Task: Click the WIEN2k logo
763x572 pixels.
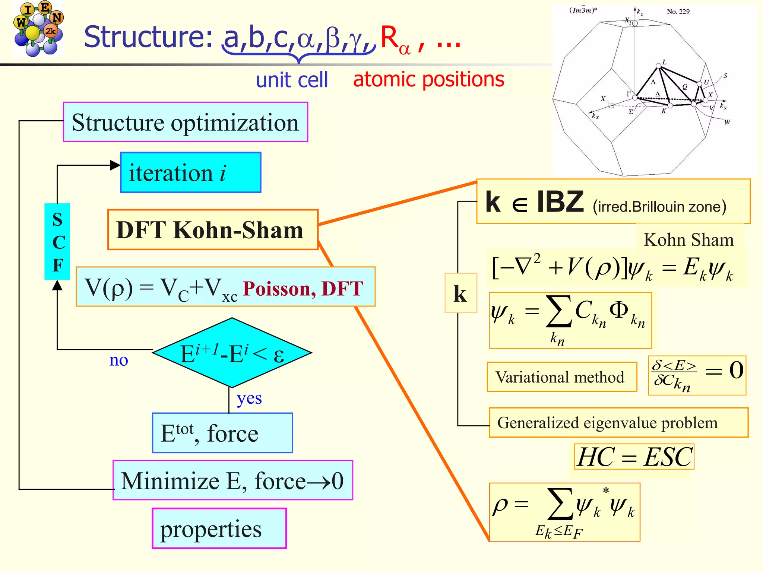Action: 38,29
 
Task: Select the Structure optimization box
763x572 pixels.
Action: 186,122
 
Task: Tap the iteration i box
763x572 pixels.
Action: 190,172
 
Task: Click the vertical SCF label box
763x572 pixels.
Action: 57,241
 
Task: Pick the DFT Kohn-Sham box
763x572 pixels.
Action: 213,230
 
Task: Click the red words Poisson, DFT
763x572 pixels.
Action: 303,289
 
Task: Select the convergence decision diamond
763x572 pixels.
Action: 232,353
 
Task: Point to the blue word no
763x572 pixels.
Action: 118,360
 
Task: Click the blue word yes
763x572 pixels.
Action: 249,398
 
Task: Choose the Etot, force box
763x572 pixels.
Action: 222,433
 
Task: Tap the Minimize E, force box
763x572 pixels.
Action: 232,480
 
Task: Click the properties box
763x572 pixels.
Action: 219,528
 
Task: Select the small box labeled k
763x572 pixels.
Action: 460,293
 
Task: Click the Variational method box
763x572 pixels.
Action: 562,377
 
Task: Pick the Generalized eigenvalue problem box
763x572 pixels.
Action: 618,423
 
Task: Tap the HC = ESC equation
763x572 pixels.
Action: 634,457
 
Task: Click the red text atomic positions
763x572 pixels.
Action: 428,79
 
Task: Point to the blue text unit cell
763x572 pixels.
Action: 292,80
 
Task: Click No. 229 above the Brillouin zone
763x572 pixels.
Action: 678,12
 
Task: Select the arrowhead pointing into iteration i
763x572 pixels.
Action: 115,165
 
